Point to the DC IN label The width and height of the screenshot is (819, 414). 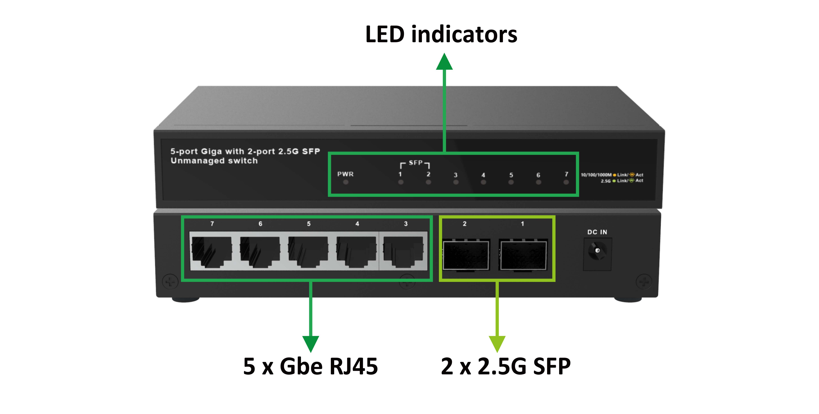[597, 232]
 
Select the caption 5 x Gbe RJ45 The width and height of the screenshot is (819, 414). [310, 366]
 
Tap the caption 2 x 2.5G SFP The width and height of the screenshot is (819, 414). [506, 366]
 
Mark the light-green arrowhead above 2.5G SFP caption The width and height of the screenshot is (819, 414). [497, 344]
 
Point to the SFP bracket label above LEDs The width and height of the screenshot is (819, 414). [415, 163]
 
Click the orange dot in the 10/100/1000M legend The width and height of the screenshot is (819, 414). [614, 175]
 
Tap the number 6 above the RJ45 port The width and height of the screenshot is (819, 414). [260, 224]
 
